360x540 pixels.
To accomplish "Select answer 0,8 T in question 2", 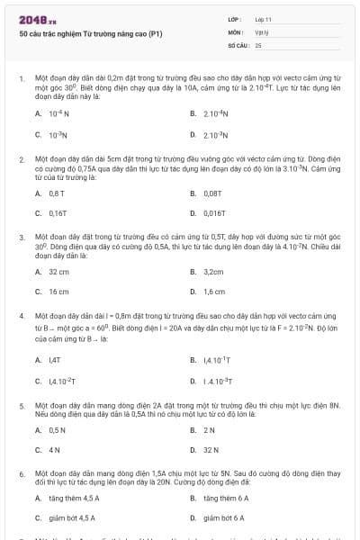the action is (57, 193).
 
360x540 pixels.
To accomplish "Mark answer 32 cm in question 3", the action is (58, 271).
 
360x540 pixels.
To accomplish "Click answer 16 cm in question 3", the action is (58, 292).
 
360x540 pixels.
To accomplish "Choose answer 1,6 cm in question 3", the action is (214, 292).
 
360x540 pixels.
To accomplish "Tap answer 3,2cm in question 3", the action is (213, 271).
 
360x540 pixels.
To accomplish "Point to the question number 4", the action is (21, 317).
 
